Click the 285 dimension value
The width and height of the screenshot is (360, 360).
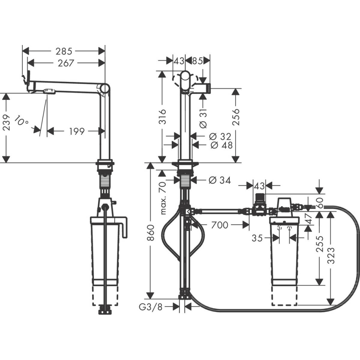pos(64,51)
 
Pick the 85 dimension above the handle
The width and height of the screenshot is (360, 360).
pos(197,61)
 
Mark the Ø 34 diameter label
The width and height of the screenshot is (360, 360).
pos(219,180)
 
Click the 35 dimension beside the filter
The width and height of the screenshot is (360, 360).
pos(257,238)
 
